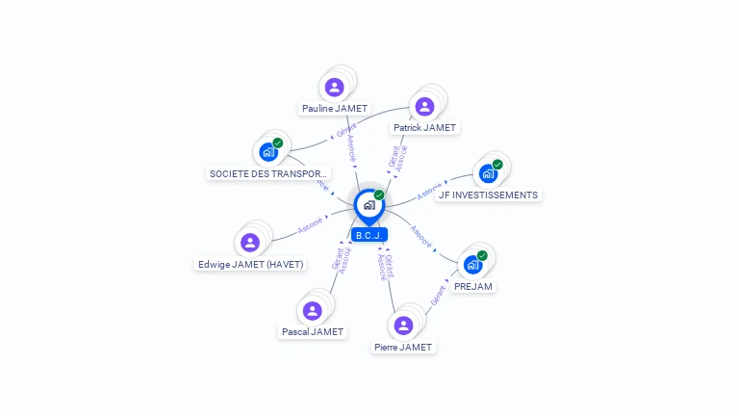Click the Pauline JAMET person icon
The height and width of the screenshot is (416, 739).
pos(334,88)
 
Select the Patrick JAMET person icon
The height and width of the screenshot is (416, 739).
pos(424,106)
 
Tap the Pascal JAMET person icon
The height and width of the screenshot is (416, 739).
pos(312,310)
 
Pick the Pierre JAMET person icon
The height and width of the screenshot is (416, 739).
pos(403,325)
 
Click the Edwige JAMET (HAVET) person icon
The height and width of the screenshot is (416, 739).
pos(250,243)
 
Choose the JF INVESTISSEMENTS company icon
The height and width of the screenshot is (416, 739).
pos(488,173)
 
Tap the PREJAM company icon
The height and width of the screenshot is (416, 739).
pos(472,265)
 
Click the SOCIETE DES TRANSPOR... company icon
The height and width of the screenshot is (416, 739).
pos(268,152)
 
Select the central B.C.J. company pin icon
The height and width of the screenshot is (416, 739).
pos(369,205)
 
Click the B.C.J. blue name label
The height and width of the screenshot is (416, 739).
pos(369,235)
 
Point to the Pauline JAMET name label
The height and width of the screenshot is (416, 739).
pos(334,109)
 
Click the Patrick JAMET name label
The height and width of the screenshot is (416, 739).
pos(424,127)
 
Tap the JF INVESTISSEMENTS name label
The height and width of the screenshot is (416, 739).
pos(488,195)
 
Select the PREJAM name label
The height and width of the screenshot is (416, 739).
pos(473,286)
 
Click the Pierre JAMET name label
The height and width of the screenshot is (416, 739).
pos(403,347)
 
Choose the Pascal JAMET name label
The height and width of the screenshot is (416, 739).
pos(312,331)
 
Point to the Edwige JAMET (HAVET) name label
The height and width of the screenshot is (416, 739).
pos(250,264)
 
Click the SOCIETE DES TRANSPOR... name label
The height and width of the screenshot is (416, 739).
pos(268,173)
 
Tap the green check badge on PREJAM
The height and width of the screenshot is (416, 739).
pos(482,255)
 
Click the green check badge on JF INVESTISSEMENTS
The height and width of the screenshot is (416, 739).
pos(497,164)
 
